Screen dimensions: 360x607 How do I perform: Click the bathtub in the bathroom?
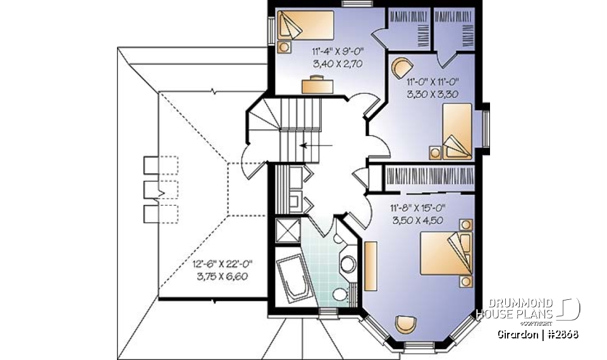[x=293, y=278]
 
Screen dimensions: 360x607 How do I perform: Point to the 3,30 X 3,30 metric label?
[x=432, y=93]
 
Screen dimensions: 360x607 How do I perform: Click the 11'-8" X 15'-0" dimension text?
[x=417, y=207]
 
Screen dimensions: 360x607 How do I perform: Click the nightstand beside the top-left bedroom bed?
[x=285, y=46]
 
